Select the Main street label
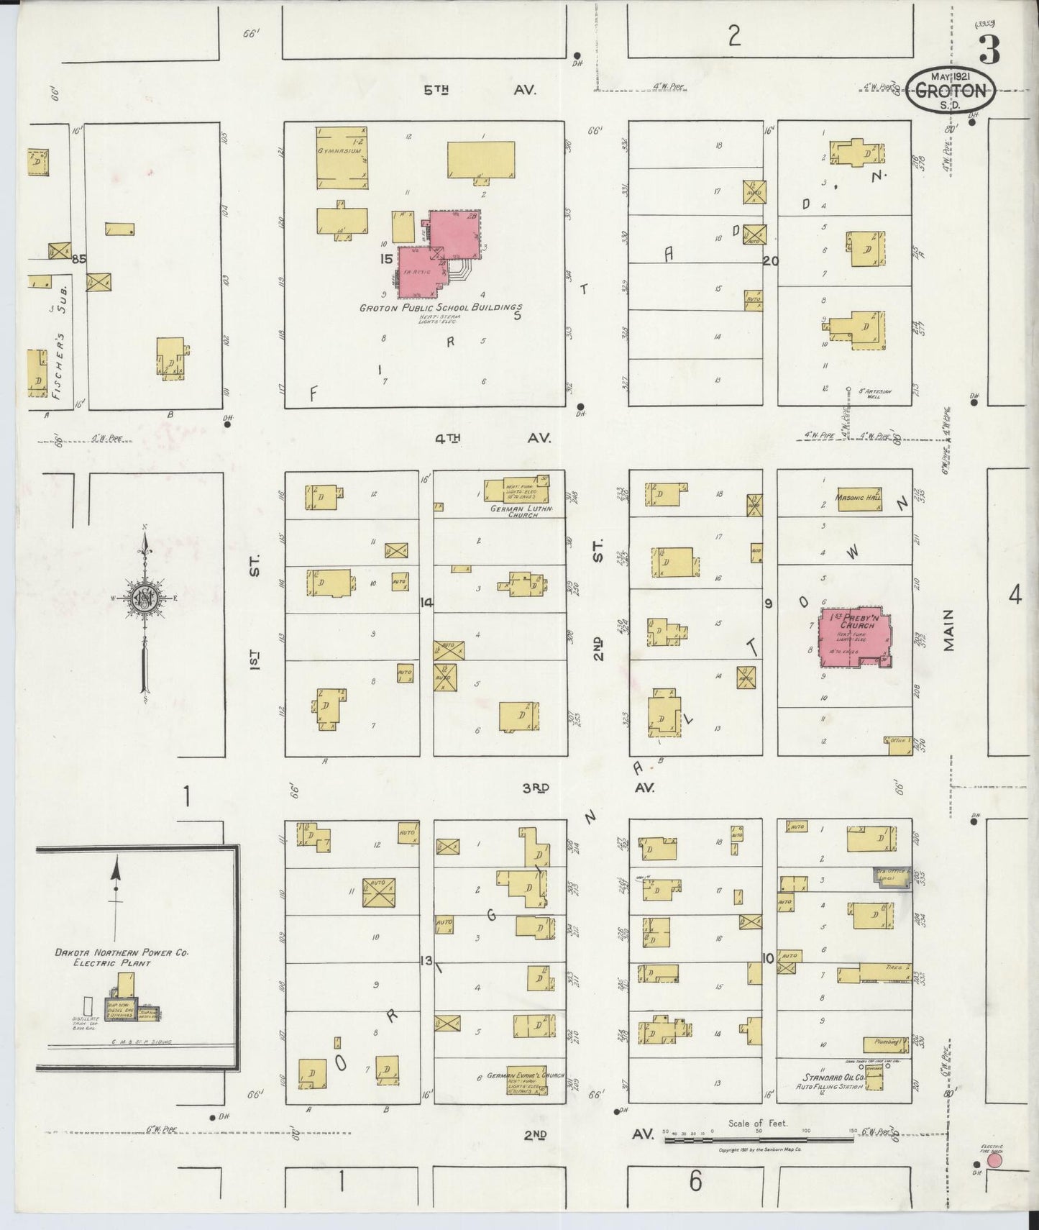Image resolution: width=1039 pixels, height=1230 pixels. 948,630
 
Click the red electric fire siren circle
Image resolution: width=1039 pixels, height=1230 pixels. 994,1160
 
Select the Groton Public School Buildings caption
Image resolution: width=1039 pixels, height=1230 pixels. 440,308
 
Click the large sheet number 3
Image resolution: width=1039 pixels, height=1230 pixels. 990,50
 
